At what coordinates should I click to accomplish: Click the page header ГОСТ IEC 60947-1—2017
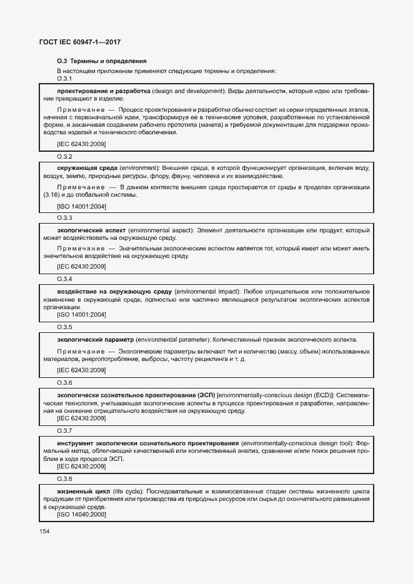click(79, 42)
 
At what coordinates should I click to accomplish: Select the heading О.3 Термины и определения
click(101, 61)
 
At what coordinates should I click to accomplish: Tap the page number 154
click(44, 532)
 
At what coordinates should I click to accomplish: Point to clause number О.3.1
click(64, 79)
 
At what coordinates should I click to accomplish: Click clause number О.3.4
click(64, 279)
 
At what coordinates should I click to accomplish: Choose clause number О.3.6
click(64, 382)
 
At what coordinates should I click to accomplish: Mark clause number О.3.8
click(64, 479)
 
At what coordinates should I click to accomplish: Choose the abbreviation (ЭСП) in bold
click(206, 395)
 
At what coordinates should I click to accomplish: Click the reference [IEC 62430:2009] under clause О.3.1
click(81, 144)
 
